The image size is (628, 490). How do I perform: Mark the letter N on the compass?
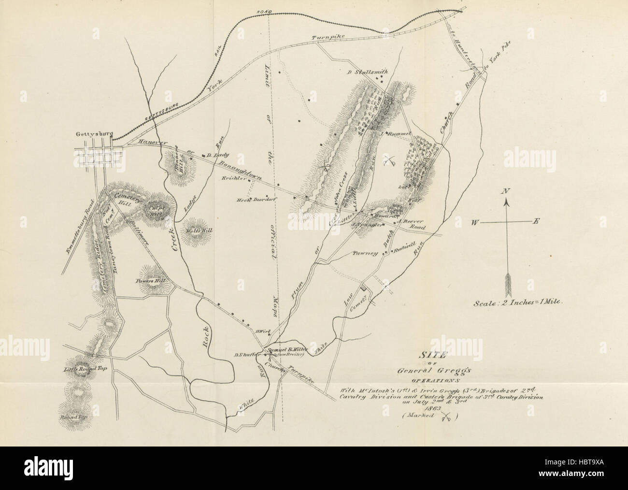(x=506, y=191)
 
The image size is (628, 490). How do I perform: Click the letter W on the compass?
(x=475, y=222)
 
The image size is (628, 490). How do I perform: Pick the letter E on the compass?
(x=535, y=221)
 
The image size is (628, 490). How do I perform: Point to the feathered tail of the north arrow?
(x=507, y=285)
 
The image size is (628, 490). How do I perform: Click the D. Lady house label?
(x=213, y=155)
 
